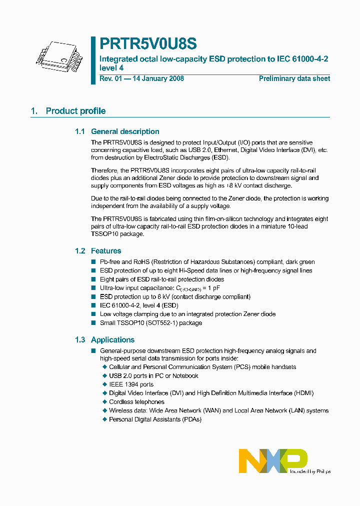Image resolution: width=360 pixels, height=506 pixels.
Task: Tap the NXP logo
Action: click(x=272, y=460)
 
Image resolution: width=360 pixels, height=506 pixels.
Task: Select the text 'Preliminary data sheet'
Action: click(x=294, y=78)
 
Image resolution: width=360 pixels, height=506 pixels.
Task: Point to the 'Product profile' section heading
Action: click(x=75, y=111)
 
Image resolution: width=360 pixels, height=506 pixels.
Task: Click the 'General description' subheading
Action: click(x=125, y=131)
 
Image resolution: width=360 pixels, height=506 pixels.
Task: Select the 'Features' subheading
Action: click(x=106, y=250)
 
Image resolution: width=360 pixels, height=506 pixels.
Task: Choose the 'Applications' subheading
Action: click(x=112, y=339)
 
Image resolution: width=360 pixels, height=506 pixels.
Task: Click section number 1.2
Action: click(x=80, y=250)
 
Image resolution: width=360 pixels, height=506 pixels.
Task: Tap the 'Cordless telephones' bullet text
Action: click(x=136, y=401)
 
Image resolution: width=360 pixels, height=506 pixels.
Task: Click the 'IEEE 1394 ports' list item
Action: click(x=131, y=384)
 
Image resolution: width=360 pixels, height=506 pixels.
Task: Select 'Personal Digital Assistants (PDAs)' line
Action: click(x=155, y=419)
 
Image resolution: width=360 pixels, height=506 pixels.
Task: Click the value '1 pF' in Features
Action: click(x=214, y=288)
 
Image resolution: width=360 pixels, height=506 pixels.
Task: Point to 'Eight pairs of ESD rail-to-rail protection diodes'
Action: click(x=161, y=279)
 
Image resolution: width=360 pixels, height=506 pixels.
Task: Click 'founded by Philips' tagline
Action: click(x=310, y=471)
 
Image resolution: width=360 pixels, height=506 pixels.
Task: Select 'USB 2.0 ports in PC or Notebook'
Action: click(x=153, y=375)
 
